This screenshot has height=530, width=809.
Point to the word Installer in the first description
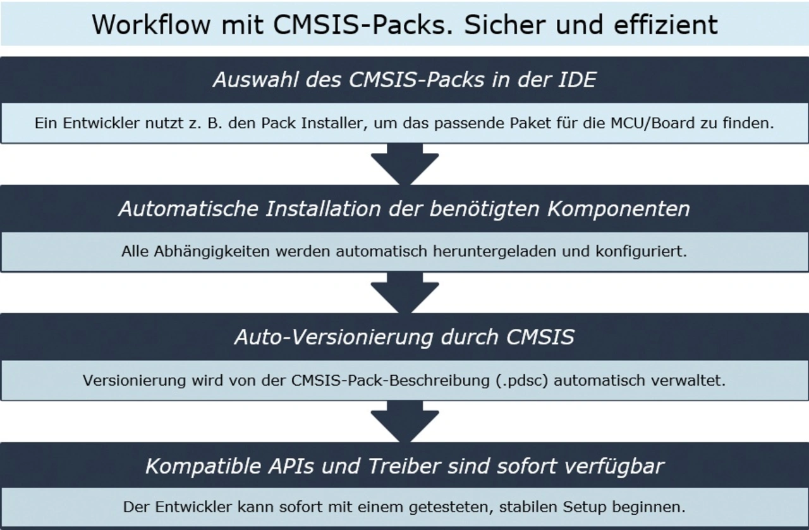pyautogui.click(x=336, y=123)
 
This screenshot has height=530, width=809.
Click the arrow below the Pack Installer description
pyautogui.click(x=404, y=164)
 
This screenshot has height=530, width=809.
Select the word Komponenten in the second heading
pyautogui.click(x=619, y=209)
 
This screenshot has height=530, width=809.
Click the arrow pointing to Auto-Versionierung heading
pyautogui.click(x=404, y=293)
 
